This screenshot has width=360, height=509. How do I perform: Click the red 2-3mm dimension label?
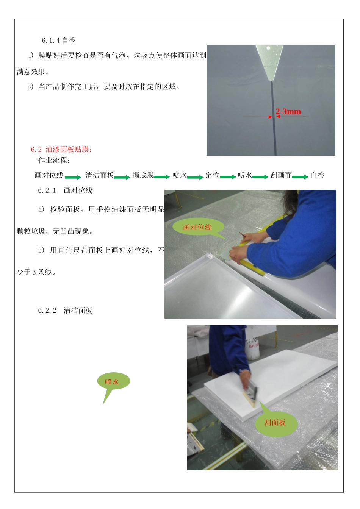pyautogui.click(x=288, y=112)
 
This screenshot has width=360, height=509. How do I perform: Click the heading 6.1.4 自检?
pyautogui.click(x=59, y=41)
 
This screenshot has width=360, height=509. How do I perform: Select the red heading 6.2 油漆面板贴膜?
pyautogui.click(x=61, y=150)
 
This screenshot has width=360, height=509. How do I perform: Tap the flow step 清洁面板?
pyautogui.click(x=99, y=175)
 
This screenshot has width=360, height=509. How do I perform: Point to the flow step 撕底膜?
pyautogui.click(x=143, y=175)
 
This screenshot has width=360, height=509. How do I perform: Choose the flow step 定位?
pyautogui.click(x=212, y=175)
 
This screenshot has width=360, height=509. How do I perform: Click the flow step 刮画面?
pyautogui.click(x=281, y=175)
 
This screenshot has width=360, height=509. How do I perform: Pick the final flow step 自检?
pyautogui.click(x=318, y=175)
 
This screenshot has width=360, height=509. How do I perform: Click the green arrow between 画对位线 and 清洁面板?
pyautogui.click(x=73, y=177)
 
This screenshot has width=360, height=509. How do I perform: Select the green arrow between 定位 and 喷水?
pyautogui.click(x=228, y=177)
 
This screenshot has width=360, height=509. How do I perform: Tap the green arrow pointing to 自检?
pyautogui.click(x=300, y=177)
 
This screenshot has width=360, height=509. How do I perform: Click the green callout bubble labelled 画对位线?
pyautogui.click(x=198, y=228)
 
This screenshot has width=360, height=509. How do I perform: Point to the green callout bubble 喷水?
pyautogui.click(x=113, y=382)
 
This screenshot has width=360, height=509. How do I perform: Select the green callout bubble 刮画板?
pyautogui.click(x=275, y=423)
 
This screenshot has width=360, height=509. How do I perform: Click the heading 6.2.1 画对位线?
pyautogui.click(x=65, y=190)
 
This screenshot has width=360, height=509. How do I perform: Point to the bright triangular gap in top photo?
pyautogui.click(x=270, y=61)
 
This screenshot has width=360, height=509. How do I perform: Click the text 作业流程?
pyautogui.click(x=54, y=161)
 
